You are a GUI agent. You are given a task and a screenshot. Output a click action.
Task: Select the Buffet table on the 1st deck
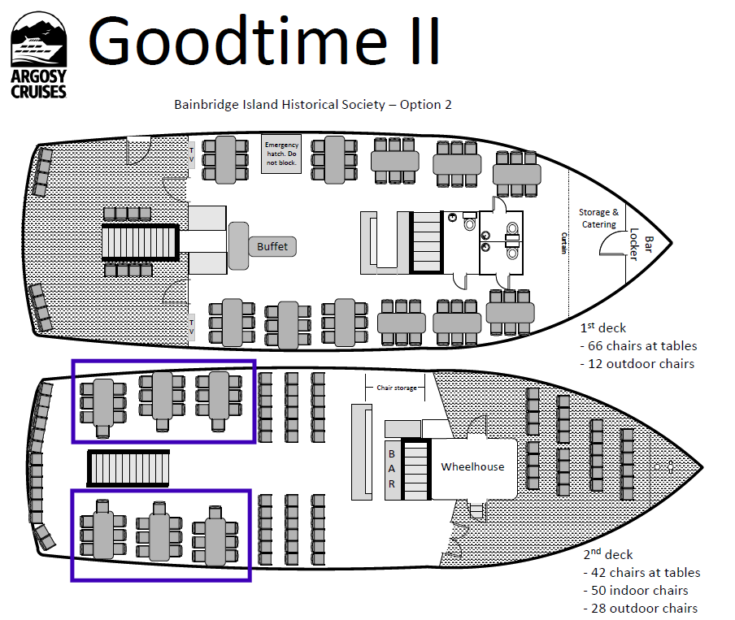click(x=272, y=246)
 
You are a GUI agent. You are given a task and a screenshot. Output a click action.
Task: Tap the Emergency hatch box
click(x=281, y=154)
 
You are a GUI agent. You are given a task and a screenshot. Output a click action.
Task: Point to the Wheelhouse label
click(x=472, y=466)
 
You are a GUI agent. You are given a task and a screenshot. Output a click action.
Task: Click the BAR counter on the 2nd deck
click(x=392, y=469)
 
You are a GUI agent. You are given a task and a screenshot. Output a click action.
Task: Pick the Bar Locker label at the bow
click(x=641, y=248)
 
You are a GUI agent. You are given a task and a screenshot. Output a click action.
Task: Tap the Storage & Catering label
click(x=598, y=218)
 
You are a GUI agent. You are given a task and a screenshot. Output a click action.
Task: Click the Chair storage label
click(x=397, y=388)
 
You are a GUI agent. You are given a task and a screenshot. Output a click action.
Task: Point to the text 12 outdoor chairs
click(x=641, y=363)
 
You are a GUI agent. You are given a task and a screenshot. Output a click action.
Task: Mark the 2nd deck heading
click(x=607, y=554)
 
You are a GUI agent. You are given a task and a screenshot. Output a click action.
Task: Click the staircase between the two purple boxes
click(x=128, y=467)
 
